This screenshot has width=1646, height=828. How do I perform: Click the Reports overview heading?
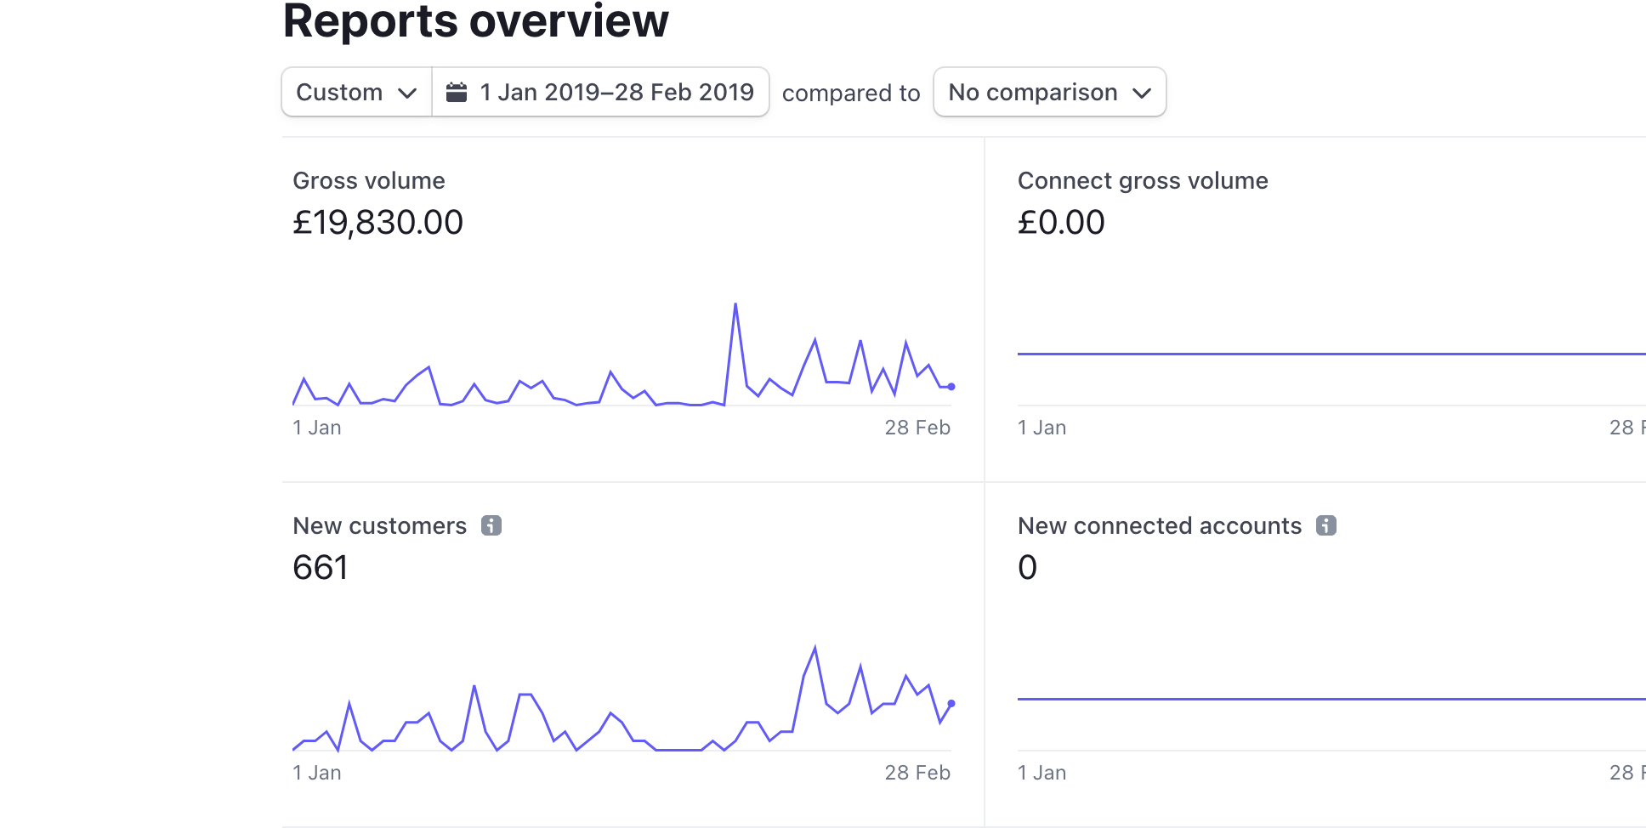coord(475,21)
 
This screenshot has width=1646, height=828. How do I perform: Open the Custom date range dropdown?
coord(356,92)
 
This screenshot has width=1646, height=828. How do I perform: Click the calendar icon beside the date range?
coord(457,92)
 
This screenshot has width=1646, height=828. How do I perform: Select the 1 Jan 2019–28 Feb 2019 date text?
coord(616,92)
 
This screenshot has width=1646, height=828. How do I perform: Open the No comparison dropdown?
coord(1049,92)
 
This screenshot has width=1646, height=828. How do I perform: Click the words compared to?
coord(851,93)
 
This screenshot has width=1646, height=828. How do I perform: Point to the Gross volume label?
coord(369,180)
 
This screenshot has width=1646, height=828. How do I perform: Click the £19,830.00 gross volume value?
coord(377,223)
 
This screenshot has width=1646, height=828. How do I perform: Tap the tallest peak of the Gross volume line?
coord(735,304)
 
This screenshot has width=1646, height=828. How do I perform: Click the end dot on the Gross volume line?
coord(951,387)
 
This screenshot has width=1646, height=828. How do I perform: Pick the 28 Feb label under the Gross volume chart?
coord(917,428)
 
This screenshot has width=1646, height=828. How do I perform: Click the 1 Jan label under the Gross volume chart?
coord(317,428)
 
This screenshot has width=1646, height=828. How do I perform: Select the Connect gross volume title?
coord(1143,180)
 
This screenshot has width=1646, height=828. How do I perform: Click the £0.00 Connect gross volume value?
coord(1061,223)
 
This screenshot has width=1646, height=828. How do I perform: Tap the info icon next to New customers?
coord(491,525)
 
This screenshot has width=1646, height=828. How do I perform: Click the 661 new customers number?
coord(321,568)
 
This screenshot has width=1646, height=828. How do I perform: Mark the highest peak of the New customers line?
coord(815,649)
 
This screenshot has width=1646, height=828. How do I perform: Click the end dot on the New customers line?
coord(951,704)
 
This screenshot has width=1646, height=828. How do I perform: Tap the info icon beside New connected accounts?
coord(1326,525)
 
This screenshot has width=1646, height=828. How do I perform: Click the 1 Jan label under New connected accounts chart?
coord(1042,773)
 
